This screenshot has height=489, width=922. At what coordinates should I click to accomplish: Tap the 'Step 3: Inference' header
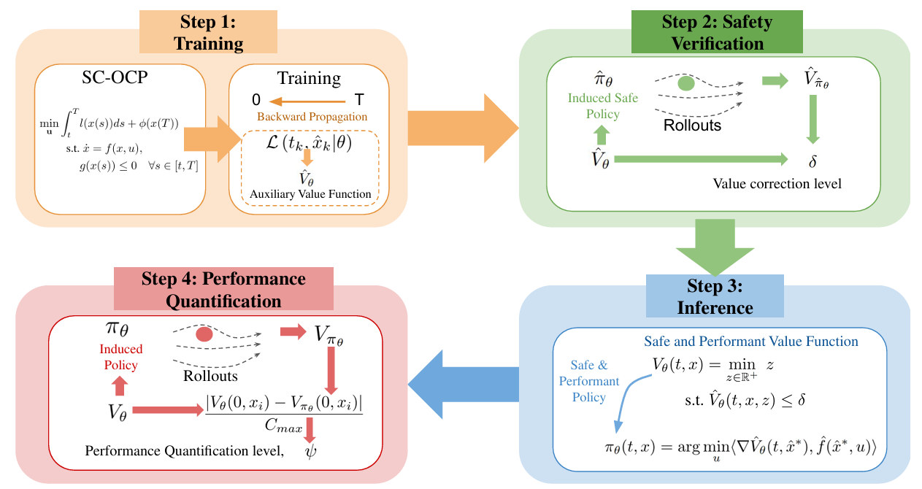(715, 296)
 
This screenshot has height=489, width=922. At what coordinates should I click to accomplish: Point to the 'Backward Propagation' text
(312, 117)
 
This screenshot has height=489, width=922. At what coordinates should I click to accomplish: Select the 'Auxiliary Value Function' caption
(310, 193)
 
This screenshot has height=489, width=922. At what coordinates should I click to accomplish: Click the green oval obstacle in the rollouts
(686, 83)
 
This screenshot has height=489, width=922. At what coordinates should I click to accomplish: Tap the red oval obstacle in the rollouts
(204, 335)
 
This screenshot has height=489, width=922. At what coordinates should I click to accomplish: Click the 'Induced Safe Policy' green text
(603, 106)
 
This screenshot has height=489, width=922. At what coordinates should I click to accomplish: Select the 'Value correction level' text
(777, 183)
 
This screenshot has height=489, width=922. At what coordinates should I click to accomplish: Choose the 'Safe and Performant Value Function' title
(750, 341)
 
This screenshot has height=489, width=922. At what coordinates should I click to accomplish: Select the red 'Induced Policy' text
(121, 356)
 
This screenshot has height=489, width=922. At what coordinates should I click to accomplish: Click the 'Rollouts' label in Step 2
(692, 125)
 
